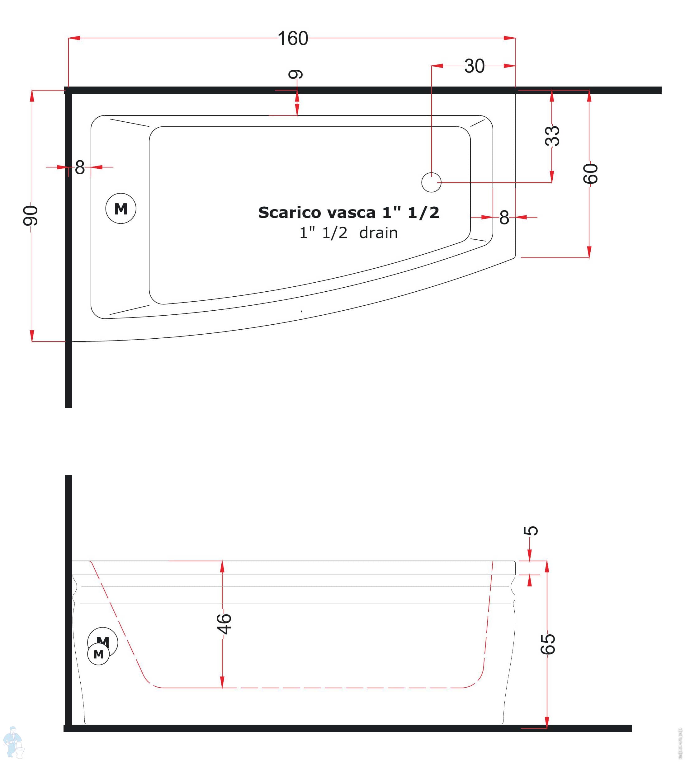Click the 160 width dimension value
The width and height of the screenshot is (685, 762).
pyautogui.click(x=292, y=38)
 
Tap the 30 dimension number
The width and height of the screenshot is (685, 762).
pyautogui.click(x=474, y=66)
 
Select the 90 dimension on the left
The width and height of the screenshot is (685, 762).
pyautogui.click(x=30, y=216)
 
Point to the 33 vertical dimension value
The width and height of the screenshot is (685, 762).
pyautogui.click(x=552, y=136)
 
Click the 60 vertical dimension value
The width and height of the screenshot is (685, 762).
pyautogui.click(x=590, y=173)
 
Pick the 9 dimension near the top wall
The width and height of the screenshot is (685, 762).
pyautogui.click(x=295, y=74)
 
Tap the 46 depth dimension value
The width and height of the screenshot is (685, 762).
pyautogui.click(x=224, y=624)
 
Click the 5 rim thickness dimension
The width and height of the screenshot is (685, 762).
pyautogui.click(x=531, y=531)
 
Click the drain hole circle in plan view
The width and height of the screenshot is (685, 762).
pyautogui.click(x=431, y=182)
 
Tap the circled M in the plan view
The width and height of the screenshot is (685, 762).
pyautogui.click(x=121, y=209)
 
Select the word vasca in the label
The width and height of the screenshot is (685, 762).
pyautogui.click(x=352, y=213)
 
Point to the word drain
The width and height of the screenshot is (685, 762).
pyautogui.click(x=378, y=233)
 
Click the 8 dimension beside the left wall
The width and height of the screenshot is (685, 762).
pyautogui.click(x=80, y=167)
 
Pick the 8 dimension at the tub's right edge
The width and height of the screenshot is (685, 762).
pyautogui.click(x=504, y=218)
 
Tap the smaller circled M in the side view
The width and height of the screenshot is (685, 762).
pyautogui.click(x=99, y=654)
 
